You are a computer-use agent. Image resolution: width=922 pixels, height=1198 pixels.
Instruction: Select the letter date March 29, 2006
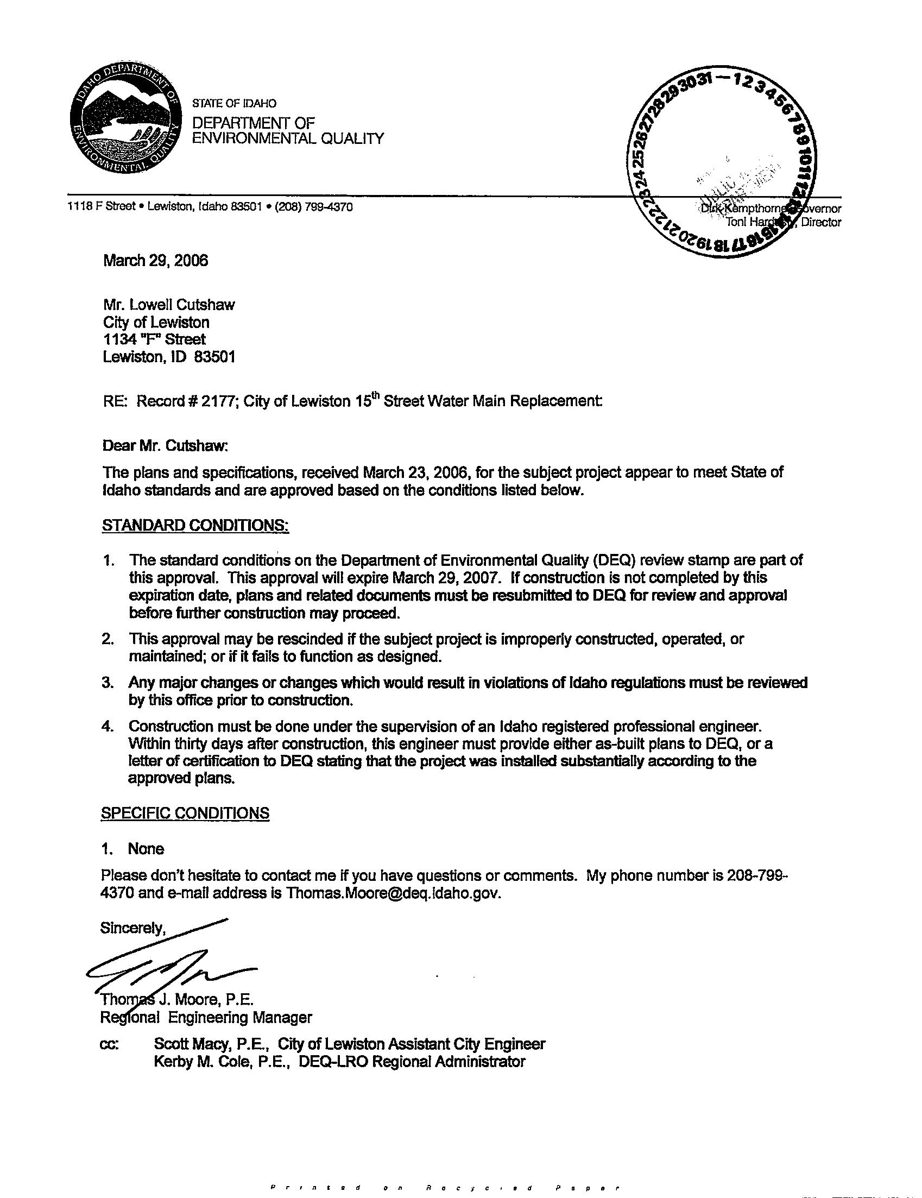point(155,261)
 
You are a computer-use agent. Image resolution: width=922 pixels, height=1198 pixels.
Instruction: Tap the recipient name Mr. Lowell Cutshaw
point(169,305)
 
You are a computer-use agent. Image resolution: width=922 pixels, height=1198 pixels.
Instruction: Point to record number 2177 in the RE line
point(219,401)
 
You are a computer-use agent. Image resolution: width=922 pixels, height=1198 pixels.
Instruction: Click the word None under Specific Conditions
point(146,849)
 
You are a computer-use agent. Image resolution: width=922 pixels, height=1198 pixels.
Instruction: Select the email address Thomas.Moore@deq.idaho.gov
point(393,893)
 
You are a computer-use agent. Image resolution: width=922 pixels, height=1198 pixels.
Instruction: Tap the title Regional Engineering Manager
point(206,1018)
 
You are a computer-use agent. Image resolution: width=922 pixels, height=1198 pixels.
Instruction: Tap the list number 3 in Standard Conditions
point(107,683)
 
